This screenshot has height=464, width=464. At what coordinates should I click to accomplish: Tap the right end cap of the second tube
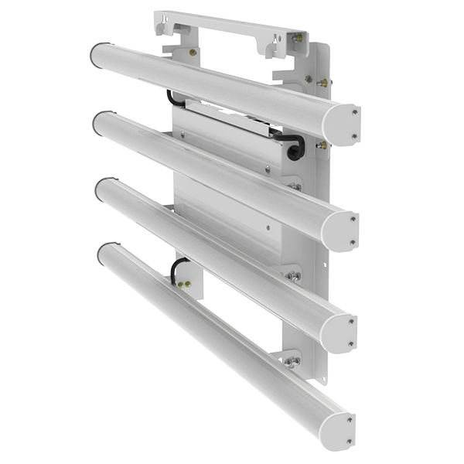click(x=340, y=230)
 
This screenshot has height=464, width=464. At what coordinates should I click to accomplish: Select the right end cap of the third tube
click(x=339, y=333)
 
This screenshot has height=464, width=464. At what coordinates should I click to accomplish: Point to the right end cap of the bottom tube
click(x=340, y=429)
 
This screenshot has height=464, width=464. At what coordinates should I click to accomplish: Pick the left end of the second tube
click(x=101, y=121)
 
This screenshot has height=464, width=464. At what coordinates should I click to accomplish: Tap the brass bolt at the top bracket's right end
click(x=297, y=37)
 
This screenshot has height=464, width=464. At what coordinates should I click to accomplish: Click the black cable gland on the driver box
click(x=294, y=150)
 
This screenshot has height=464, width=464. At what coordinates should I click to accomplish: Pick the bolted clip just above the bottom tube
click(x=290, y=360)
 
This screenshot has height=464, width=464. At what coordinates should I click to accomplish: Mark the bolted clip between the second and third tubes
click(x=293, y=275)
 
